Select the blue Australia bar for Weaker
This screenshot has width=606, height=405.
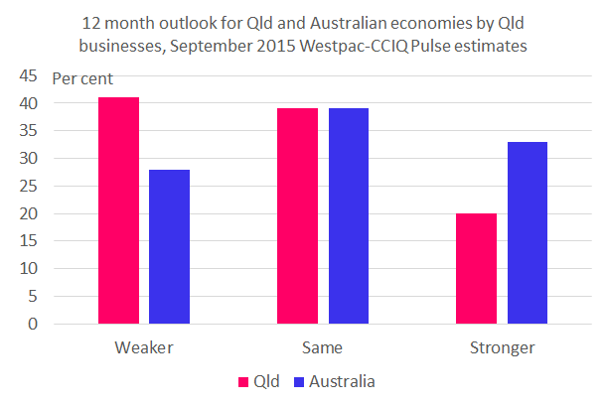tap(169, 246)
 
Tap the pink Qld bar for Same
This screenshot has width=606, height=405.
tap(297, 215)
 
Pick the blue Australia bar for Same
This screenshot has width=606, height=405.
tap(349, 215)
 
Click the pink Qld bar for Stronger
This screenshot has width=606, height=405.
tap(476, 268)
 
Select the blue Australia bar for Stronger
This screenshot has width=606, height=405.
tap(528, 232)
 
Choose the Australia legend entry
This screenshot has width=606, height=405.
tap(343, 381)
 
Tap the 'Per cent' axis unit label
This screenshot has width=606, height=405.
tap(82, 78)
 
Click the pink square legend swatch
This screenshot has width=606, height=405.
tap(241, 381)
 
